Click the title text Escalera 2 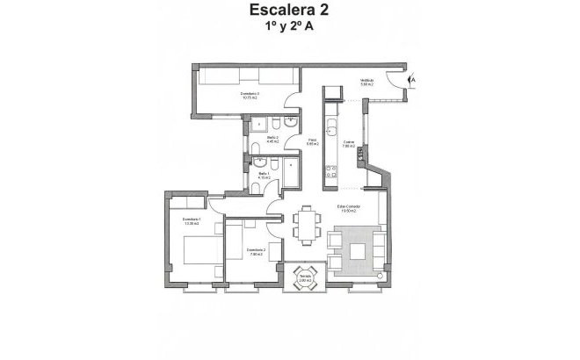(x=290, y=11)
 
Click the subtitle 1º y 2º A (x=290, y=27)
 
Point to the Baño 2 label (x=272, y=139)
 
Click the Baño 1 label (x=264, y=176)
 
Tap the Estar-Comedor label (x=350, y=208)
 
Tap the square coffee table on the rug (x=359, y=250)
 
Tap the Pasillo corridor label (x=312, y=140)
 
